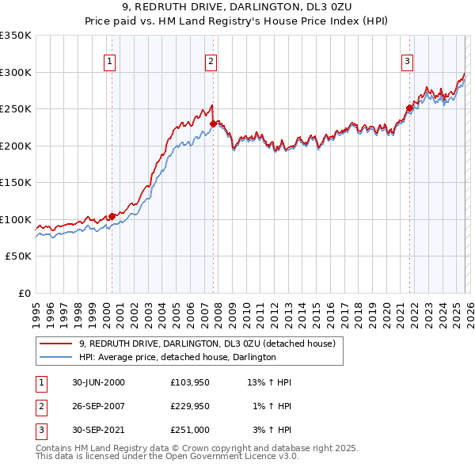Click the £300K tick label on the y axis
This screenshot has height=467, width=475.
[x=16, y=72]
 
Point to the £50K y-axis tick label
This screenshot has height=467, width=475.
[x=18, y=256]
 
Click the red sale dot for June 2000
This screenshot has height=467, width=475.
[x=112, y=216]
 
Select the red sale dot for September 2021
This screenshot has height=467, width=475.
[x=409, y=108]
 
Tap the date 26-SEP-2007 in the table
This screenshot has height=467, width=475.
[x=98, y=406]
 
